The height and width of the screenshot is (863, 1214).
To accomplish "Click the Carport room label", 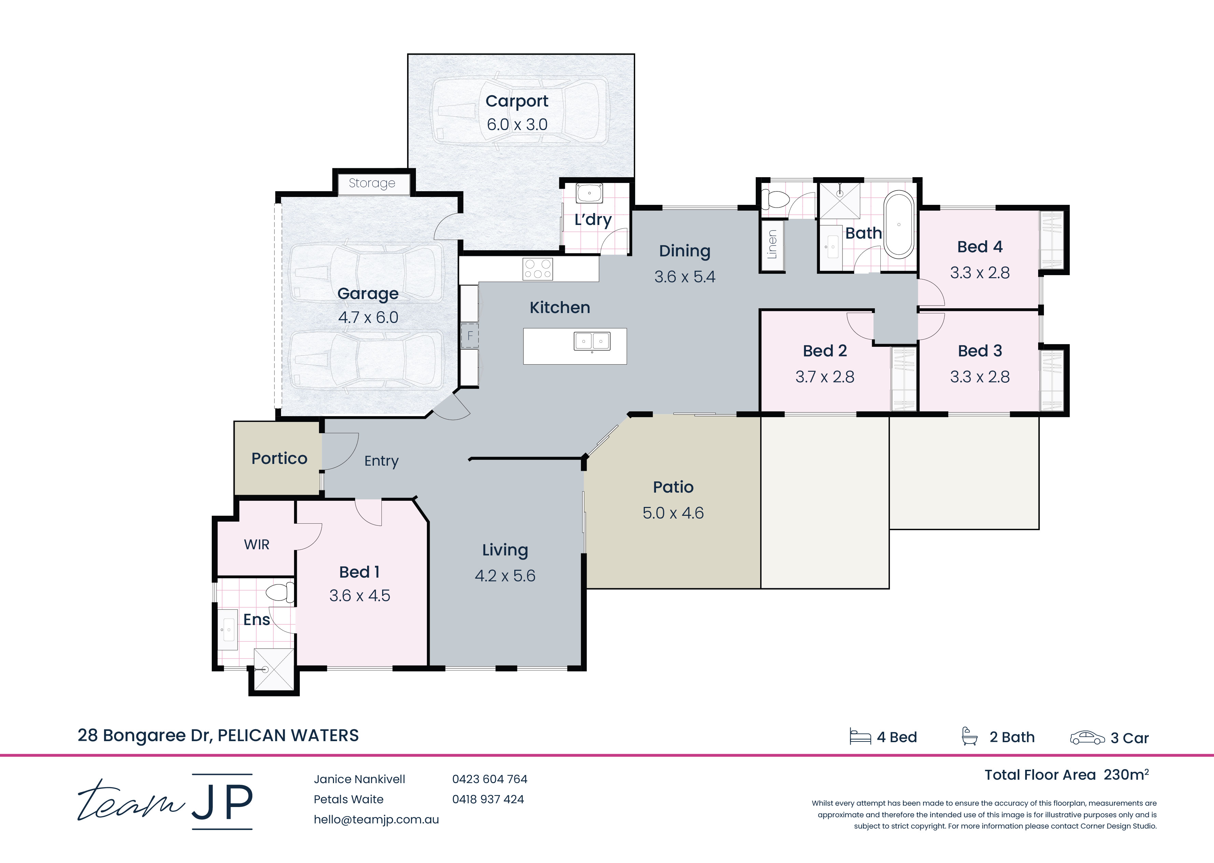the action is (517, 101).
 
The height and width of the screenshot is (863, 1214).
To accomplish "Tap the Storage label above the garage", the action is (372, 183).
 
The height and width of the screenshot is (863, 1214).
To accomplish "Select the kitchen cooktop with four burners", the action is (538, 269).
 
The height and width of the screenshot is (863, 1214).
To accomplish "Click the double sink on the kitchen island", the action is (592, 341).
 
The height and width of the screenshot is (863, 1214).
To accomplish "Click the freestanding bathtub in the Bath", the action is (899, 225).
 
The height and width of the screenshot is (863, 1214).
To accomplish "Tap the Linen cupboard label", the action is (772, 244).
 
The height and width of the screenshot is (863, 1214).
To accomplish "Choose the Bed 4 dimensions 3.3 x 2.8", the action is (980, 273).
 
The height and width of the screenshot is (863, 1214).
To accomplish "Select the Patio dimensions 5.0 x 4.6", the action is (673, 513).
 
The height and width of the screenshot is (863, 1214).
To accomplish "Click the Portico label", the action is (279, 458).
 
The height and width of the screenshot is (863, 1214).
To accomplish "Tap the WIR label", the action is (257, 545).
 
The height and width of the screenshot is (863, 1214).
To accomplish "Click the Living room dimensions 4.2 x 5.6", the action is (505, 576).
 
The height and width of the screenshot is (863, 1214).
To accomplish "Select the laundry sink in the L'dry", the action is (589, 194).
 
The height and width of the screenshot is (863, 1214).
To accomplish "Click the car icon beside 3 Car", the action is (1087, 738).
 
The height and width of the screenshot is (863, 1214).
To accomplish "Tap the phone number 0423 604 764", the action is (490, 779).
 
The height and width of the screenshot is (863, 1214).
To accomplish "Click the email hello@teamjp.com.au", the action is (376, 819).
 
